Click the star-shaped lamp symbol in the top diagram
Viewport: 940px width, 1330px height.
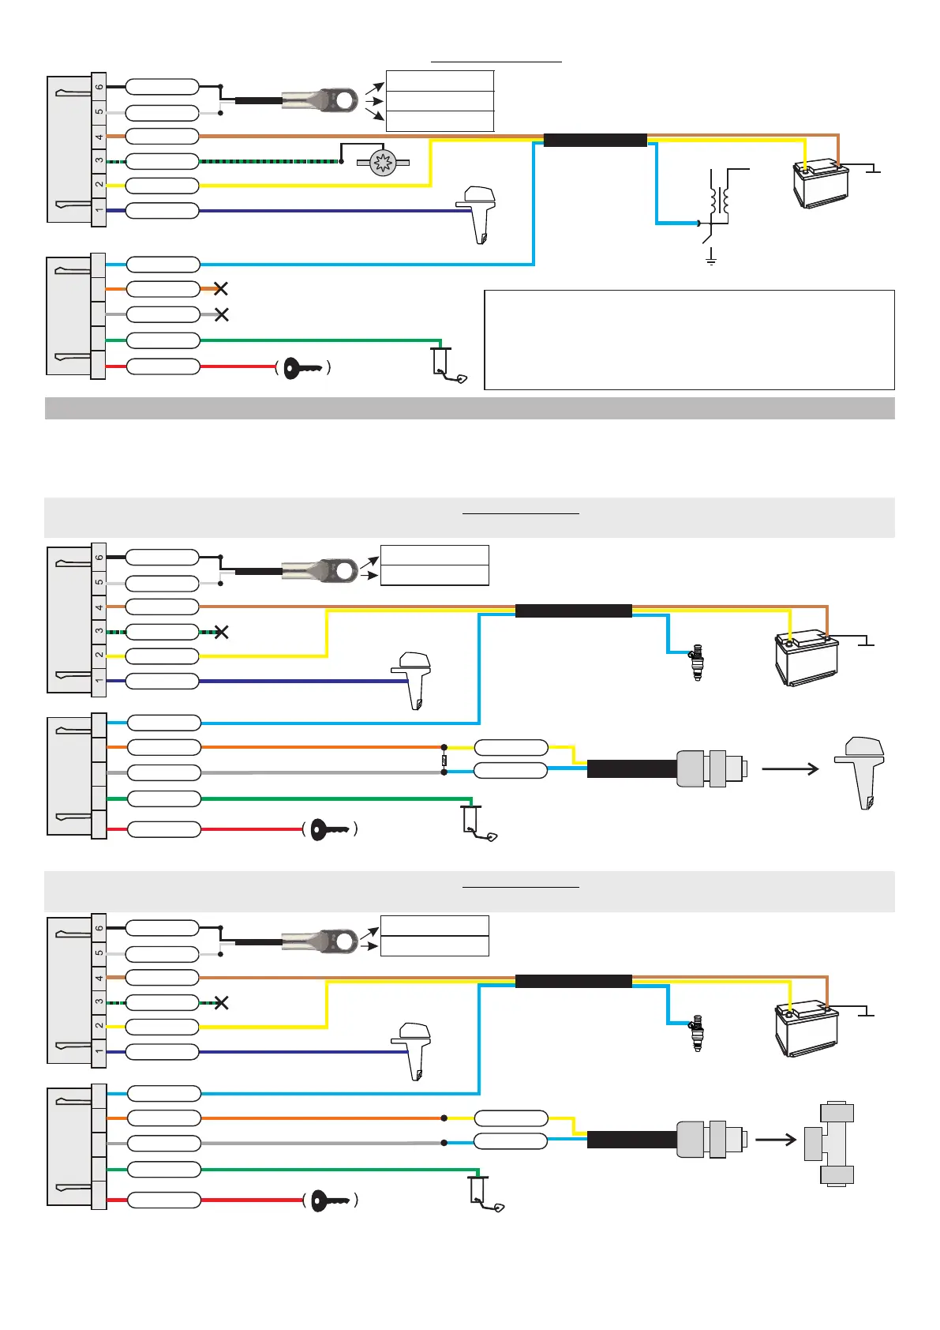pyautogui.click(x=383, y=162)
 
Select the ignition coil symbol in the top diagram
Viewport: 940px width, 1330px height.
pyautogui.click(x=720, y=200)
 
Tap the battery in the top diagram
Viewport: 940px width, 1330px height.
pyautogui.click(x=821, y=183)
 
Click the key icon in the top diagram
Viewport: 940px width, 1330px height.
pyautogui.click(x=302, y=369)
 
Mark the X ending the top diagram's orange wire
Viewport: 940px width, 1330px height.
pyautogui.click(x=221, y=289)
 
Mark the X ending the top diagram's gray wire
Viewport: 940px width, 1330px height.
pyautogui.click(x=221, y=314)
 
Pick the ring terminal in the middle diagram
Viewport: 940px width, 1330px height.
pyautogui.click(x=320, y=571)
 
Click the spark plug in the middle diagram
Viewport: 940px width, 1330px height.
pyautogui.click(x=698, y=662)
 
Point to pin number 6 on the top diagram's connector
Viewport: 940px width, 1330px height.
pyautogui.click(x=99, y=87)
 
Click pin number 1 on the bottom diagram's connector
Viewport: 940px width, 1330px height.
pyautogui.click(x=99, y=1051)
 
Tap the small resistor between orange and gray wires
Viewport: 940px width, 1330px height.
pyautogui.click(x=444, y=760)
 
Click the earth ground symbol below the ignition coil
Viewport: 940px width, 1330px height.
pyautogui.click(x=711, y=256)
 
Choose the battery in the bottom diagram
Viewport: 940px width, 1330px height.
pyautogui.click(x=807, y=1029)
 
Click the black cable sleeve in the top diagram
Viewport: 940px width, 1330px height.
pyautogui.click(x=595, y=140)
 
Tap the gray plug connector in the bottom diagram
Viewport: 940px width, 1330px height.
pyautogui.click(x=712, y=1140)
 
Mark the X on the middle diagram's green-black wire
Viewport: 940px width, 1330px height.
pyautogui.click(x=221, y=633)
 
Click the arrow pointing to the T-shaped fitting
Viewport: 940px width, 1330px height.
pyautogui.click(x=775, y=1140)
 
